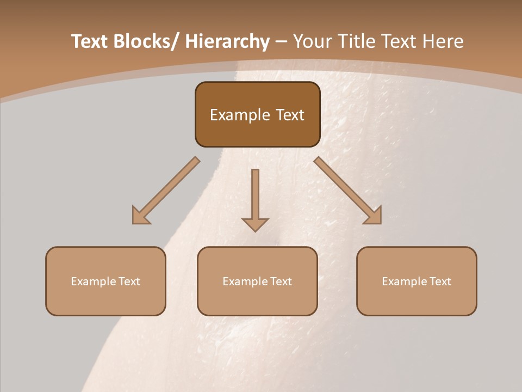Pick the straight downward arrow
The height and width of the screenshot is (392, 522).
pyautogui.click(x=255, y=196)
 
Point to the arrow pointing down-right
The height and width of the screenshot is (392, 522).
pyautogui.click(x=348, y=191)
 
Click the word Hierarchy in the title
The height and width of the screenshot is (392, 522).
pyautogui.click(x=227, y=41)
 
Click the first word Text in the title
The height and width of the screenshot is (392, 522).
pyautogui.click(x=90, y=41)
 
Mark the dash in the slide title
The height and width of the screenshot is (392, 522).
pyautogui.click(x=281, y=41)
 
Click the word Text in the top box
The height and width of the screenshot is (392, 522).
pyautogui.click(x=289, y=115)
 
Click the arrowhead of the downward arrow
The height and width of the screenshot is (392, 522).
pyautogui.click(x=255, y=224)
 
